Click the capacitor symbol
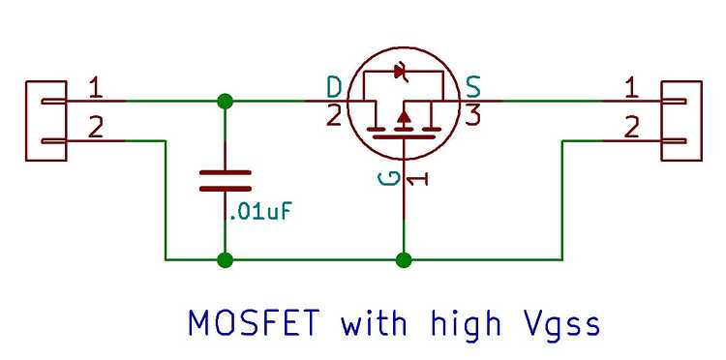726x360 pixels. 225,181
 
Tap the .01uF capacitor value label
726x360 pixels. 258,211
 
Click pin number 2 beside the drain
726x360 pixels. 334,117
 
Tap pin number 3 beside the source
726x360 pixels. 473,117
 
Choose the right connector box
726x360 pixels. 681,120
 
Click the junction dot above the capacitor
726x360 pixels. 225,101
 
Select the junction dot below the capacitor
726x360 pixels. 225,259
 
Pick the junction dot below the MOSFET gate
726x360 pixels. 404,259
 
